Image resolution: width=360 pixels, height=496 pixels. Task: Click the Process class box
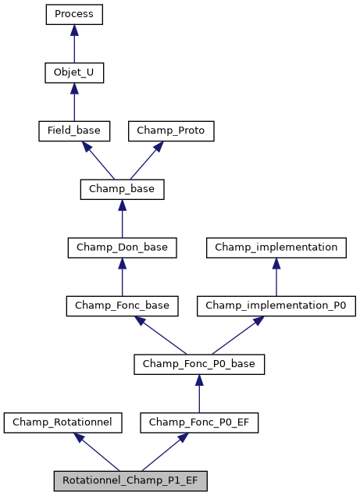tap(74, 14)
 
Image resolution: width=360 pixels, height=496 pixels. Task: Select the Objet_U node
tap(74, 73)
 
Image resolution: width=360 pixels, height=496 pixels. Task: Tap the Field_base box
tap(74, 130)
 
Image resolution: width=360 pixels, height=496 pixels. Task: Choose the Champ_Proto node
tap(171, 130)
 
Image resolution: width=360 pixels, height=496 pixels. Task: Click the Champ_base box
tap(122, 189)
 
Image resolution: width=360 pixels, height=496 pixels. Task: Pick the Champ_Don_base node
tap(122, 248)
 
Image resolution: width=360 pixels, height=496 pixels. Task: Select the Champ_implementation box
tap(276, 248)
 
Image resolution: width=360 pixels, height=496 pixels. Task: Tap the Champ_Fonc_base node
tap(122, 305)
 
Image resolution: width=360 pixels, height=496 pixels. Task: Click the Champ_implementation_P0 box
tap(276, 305)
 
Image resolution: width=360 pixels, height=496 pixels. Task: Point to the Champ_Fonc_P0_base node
tap(199, 364)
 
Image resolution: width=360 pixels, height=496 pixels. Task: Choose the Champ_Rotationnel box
tap(63, 423)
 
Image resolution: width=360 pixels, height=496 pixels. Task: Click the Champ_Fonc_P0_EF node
tap(199, 423)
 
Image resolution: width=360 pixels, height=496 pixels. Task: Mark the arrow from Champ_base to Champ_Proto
tap(148, 159)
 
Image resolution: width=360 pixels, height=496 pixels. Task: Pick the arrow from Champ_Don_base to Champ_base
tap(122, 218)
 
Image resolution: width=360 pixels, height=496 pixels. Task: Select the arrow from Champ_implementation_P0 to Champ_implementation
tap(276, 277)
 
